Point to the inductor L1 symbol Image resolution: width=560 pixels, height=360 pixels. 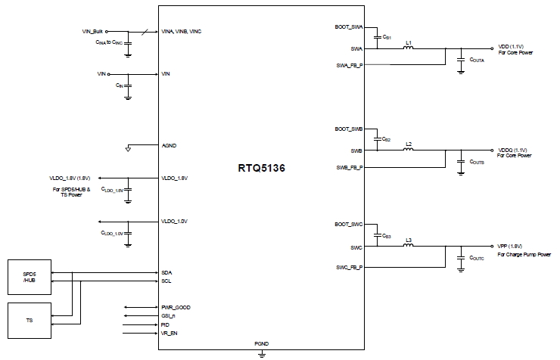(409, 48)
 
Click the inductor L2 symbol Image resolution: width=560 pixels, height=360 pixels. (409, 149)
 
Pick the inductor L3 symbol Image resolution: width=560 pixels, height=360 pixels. (409, 246)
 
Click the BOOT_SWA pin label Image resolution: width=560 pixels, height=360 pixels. (348, 26)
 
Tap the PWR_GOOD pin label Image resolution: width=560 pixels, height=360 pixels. (176, 307)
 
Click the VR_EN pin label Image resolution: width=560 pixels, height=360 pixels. (170, 333)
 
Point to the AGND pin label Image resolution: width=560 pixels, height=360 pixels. (169, 144)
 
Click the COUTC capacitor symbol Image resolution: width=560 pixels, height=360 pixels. (461, 259)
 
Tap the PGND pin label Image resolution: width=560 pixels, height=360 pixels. (260, 343)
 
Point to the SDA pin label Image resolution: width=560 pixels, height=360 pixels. (166, 272)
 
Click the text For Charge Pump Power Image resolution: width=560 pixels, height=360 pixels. (524, 255)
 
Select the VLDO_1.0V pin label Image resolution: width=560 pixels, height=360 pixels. (174, 221)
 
